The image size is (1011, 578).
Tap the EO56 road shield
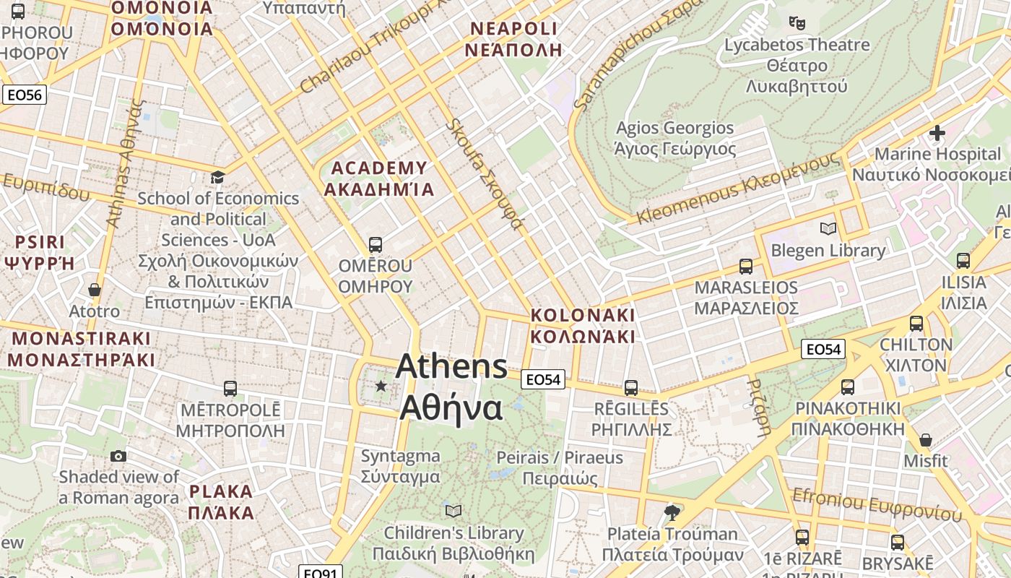(x=24, y=95)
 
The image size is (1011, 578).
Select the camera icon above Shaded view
(x=118, y=456)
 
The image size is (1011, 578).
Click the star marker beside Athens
(x=381, y=387)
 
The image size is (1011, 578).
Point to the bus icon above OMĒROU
(x=375, y=244)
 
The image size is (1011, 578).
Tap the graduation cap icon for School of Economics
(x=217, y=177)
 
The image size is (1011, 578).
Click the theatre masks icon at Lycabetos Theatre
(x=797, y=23)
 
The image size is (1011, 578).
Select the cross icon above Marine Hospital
(x=937, y=133)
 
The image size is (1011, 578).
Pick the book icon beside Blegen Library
(x=828, y=229)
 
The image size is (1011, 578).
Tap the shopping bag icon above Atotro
(x=94, y=290)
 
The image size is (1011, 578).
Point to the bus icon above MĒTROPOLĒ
(x=230, y=389)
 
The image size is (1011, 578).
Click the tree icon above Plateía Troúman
(x=672, y=513)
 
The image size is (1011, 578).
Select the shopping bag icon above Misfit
(x=925, y=439)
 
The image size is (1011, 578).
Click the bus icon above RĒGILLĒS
(x=631, y=387)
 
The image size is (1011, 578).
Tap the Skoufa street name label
(x=484, y=174)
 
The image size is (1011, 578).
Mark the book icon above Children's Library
(x=453, y=512)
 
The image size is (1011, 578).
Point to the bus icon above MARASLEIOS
(x=746, y=266)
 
